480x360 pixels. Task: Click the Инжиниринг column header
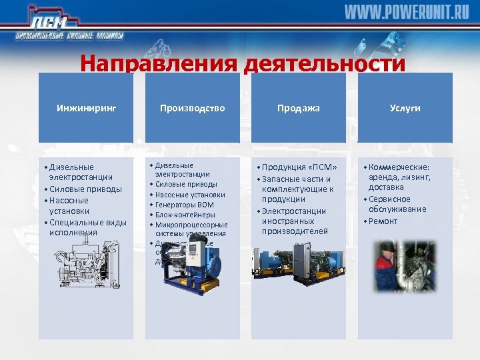(85, 108)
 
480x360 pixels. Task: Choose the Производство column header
(192, 108)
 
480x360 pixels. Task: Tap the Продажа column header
(299, 108)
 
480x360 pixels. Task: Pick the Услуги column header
(405, 108)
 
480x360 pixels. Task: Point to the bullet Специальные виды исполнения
(87, 227)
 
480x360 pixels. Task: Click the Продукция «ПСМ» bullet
(299, 167)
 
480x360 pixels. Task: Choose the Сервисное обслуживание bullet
(399, 204)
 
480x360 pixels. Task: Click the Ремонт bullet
(383, 221)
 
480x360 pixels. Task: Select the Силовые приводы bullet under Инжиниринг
(85, 189)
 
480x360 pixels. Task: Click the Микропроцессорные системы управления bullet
(191, 229)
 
